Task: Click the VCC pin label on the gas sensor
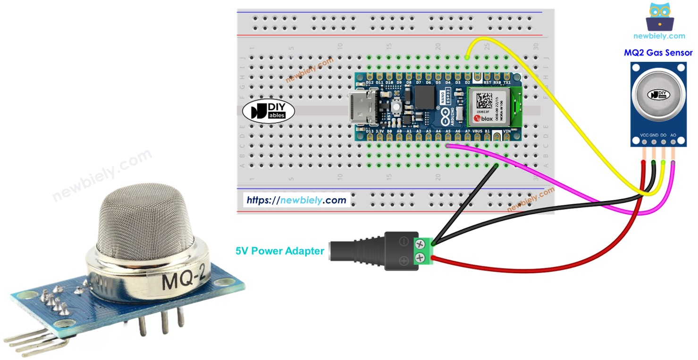644,135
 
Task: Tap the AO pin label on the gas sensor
673,135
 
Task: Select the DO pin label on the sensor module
663,135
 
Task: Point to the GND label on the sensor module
654,135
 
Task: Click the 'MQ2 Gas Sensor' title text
658,53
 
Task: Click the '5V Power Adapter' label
280,251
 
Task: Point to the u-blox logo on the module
482,118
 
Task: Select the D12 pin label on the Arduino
370,83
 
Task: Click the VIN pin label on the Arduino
507,131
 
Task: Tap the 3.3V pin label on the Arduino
380,131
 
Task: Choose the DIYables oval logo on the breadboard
268,112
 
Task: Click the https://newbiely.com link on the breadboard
296,200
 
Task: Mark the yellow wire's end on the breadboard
467,57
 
